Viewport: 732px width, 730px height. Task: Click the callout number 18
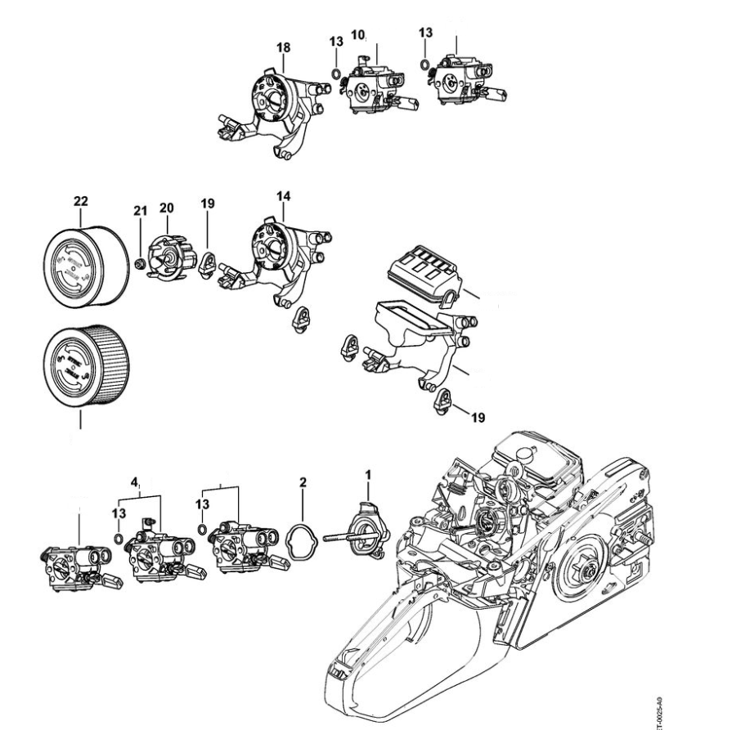[283, 48]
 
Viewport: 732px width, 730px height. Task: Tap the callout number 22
[81, 200]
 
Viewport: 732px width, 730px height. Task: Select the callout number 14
[284, 196]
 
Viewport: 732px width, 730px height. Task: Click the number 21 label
[141, 212]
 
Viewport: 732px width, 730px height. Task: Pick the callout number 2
[303, 482]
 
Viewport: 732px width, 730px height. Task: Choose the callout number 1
[368, 472]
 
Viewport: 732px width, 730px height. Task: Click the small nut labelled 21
[140, 262]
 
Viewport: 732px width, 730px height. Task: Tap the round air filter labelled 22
[84, 262]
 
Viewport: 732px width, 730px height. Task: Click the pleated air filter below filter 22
[86, 367]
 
